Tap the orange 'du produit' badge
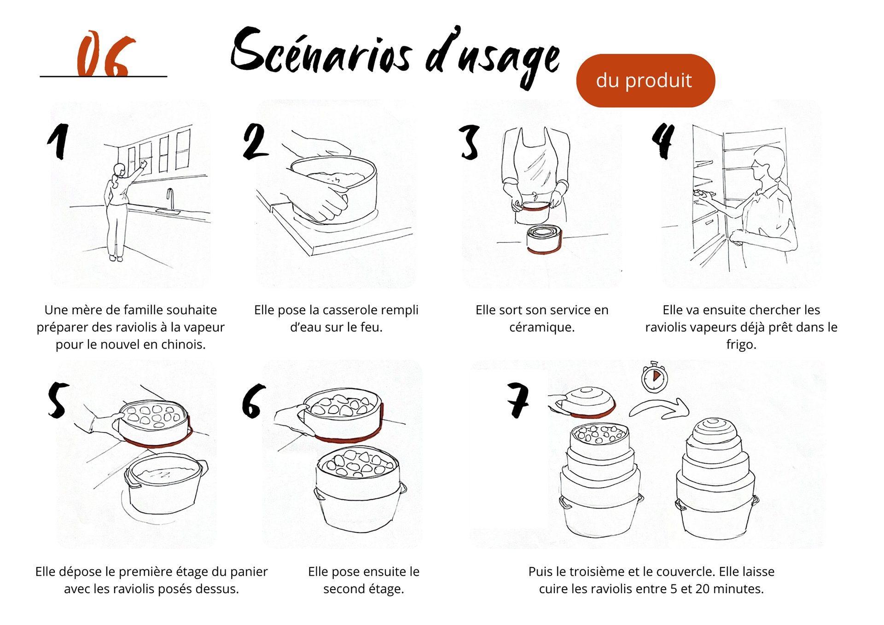coord(645,81)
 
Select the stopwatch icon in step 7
coord(654,378)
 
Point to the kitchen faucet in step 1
coord(170,198)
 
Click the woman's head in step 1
coord(120,170)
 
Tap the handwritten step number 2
coord(255,141)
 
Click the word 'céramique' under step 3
coord(541,327)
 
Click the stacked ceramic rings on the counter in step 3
coord(544,239)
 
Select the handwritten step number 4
coord(663,140)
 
